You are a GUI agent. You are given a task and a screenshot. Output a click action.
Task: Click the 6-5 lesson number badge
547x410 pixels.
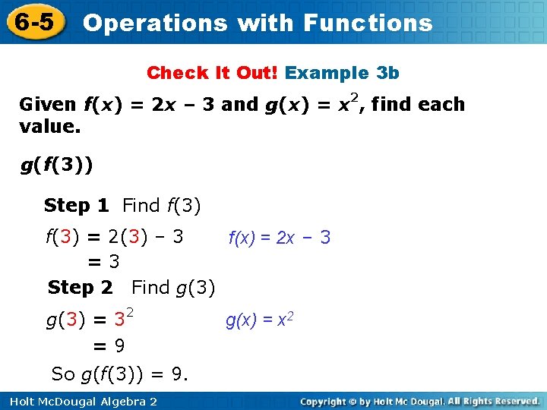click(x=33, y=21)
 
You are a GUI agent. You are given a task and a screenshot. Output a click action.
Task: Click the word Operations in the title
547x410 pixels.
click(x=154, y=23)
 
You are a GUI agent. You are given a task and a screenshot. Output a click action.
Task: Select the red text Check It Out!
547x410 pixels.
click(x=213, y=73)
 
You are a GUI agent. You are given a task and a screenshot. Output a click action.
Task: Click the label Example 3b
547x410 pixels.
click(x=342, y=73)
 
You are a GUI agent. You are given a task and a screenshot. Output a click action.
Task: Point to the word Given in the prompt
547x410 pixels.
click(x=47, y=105)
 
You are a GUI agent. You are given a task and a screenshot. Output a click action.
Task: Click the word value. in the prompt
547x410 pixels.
click(x=49, y=126)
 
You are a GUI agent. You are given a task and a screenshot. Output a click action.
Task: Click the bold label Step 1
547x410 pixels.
click(x=76, y=205)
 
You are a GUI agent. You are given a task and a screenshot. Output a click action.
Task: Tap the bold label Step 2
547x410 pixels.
click(x=80, y=288)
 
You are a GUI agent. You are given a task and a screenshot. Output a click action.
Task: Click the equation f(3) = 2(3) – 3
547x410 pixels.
click(x=115, y=236)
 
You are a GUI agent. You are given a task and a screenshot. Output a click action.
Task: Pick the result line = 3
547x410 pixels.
click(x=104, y=262)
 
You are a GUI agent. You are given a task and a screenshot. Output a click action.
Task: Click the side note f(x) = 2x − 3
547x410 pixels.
click(x=279, y=238)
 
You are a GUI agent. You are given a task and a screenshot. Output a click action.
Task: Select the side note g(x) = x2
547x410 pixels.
click(x=259, y=320)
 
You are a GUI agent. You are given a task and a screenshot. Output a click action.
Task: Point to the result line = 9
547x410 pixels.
click(x=109, y=346)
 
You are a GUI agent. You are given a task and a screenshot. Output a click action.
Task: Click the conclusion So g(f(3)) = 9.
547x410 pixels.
click(x=119, y=374)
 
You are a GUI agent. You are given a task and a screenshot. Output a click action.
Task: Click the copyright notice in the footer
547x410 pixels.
click(x=419, y=401)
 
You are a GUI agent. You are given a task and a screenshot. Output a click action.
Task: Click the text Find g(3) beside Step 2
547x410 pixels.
click(x=173, y=288)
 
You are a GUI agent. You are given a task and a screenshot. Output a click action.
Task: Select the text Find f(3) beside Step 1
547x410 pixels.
click(x=161, y=205)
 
